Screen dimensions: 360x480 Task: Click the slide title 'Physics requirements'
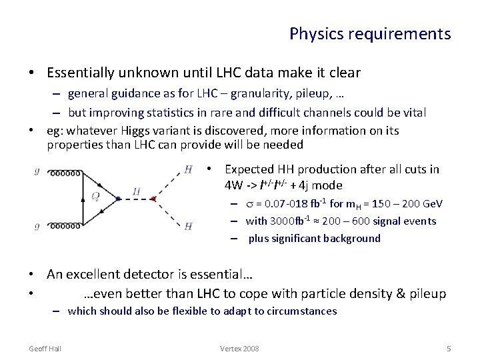click(370, 33)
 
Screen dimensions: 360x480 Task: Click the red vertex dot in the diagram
click(154, 199)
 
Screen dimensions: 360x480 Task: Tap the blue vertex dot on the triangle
click(118, 199)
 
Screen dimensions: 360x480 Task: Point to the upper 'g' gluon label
click(37, 171)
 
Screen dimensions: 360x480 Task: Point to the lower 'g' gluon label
click(37, 227)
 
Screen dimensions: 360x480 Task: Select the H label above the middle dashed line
click(136, 192)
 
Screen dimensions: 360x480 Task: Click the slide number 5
click(448, 349)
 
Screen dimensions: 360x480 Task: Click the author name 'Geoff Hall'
click(45, 349)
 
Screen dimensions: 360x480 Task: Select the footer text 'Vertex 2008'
click(239, 349)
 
